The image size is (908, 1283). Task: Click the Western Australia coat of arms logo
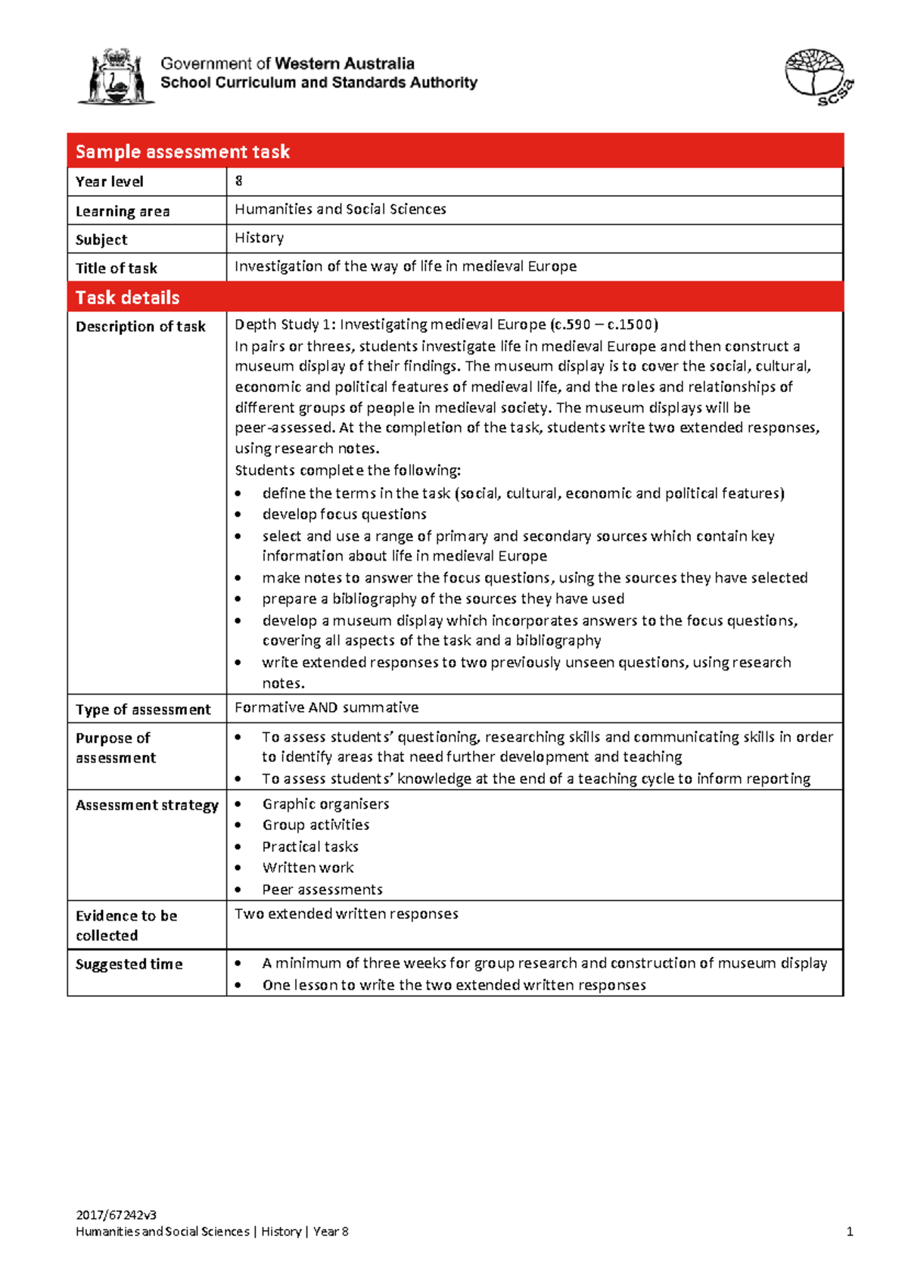pos(116,76)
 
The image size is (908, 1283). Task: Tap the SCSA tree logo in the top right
pos(818,76)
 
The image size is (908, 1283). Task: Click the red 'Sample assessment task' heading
pos(182,151)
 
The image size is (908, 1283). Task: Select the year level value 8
pos(239,181)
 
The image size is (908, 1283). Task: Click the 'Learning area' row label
pos(123,211)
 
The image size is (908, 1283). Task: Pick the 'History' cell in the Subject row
pos(259,238)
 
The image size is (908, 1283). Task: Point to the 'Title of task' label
pos(117,268)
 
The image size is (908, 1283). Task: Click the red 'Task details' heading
pos(127,297)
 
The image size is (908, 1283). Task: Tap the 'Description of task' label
pos(141,326)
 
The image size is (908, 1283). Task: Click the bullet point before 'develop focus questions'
pos(239,514)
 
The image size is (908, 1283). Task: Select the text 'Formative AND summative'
pos(326,707)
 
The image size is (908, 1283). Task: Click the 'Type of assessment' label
pos(143,710)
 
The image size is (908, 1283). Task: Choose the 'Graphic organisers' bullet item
pos(325,803)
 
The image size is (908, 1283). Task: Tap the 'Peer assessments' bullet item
pos(322,890)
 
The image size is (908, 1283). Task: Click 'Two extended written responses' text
pos(347,914)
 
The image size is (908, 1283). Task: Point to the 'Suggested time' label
pos(129,964)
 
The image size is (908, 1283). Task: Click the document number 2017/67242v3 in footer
pos(116,1215)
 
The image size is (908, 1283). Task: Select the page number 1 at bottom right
pos(850,1232)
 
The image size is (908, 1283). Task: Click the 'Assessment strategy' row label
pos(147,805)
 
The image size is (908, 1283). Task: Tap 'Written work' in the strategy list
pos(308,868)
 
